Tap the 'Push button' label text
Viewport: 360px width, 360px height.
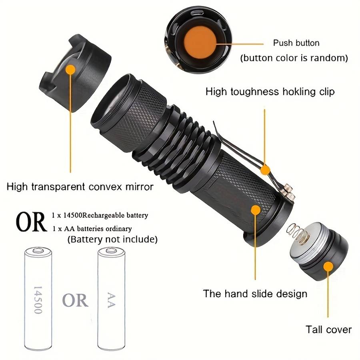[x=296, y=43]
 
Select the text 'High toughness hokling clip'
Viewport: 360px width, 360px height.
[x=270, y=92]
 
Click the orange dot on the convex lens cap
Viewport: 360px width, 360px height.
[x=71, y=70]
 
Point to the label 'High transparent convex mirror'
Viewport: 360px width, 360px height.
[x=80, y=186]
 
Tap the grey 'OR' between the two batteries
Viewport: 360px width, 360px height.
[x=75, y=300]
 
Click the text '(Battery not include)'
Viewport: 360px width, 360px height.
[x=112, y=240]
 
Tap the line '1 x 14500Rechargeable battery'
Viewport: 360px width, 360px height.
[x=100, y=215]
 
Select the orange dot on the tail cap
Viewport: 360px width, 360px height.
[x=329, y=266]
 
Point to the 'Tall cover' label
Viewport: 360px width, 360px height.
[x=328, y=330]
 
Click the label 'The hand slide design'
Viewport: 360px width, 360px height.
[x=255, y=294]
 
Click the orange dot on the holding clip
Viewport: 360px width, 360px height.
[x=265, y=170]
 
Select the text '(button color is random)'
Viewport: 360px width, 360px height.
[x=294, y=58]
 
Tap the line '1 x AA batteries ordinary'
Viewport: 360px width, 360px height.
[x=92, y=228]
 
